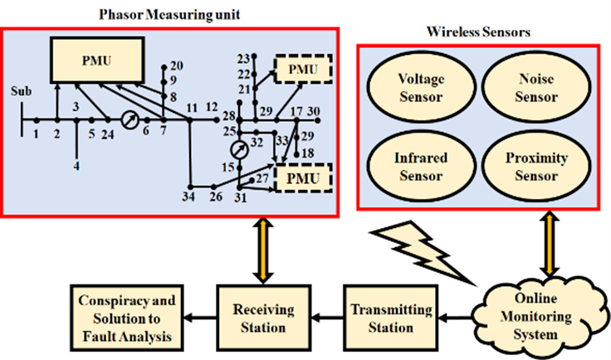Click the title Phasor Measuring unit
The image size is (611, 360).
[x=169, y=15]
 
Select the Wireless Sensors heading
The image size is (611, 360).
[x=478, y=32]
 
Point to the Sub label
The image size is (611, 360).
[x=21, y=91]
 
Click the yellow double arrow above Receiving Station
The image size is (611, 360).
[x=263, y=251]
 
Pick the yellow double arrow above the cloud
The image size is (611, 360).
[x=550, y=244]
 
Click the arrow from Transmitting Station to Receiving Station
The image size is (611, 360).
[x=327, y=318]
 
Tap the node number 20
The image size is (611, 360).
[x=177, y=66]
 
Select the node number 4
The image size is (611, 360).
[x=76, y=166]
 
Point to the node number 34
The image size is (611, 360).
[x=188, y=197]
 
